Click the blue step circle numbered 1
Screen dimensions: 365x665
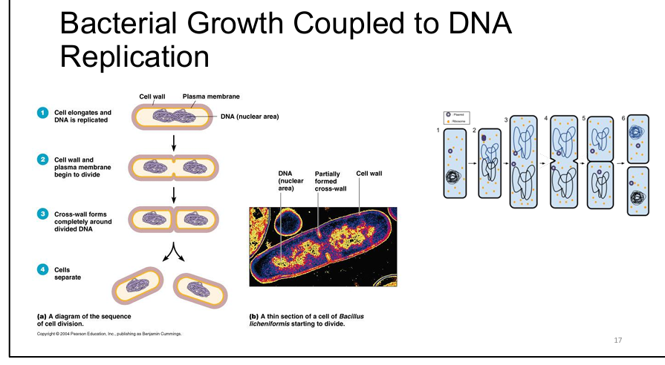pos(43,112)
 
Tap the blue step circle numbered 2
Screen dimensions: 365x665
pos(43,160)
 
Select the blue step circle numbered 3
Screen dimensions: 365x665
pos(43,214)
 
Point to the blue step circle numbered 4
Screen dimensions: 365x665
pos(43,269)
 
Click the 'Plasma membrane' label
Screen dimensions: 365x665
pos(211,96)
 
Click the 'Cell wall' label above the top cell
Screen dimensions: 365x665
pos(152,96)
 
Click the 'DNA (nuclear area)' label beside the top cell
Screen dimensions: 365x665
pos(249,116)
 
